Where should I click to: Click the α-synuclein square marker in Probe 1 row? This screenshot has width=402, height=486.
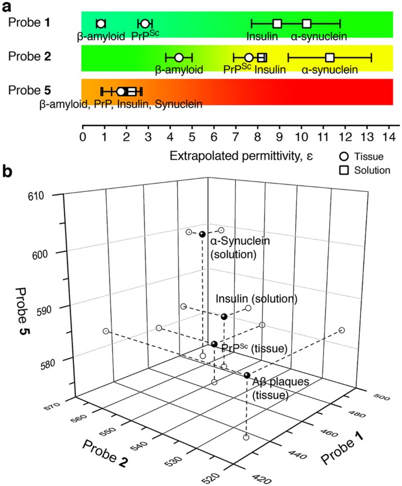point(307,23)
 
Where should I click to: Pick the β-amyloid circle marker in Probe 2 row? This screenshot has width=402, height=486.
point(179,57)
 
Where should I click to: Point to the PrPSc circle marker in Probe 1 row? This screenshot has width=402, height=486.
point(145,23)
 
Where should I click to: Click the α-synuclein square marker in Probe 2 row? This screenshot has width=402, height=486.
point(330,57)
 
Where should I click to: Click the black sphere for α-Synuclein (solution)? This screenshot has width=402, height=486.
point(202,234)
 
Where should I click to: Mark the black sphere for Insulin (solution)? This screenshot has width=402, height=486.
point(224,316)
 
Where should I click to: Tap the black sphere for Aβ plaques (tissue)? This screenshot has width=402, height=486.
point(247,375)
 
